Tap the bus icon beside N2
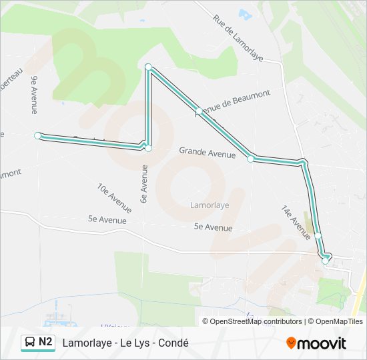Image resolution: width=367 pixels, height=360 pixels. (x=31, y=342)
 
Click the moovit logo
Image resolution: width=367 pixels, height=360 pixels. (x=316, y=343)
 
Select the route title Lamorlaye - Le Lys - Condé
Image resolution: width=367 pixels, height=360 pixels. (x=125, y=343)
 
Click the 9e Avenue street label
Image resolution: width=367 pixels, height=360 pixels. (x=34, y=95)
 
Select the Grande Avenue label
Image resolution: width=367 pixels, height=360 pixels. (x=207, y=153)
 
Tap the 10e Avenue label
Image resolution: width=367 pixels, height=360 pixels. (x=114, y=198)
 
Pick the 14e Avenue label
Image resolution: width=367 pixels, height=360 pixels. (x=296, y=222)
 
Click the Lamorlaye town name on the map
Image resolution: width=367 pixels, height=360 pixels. (x=209, y=205)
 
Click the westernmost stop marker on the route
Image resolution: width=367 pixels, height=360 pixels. (x=38, y=135)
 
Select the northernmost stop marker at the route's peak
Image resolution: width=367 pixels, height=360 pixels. (x=148, y=66)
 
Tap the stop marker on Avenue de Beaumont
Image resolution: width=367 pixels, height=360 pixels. (x=198, y=111)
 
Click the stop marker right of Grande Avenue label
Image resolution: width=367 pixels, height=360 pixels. (x=251, y=159)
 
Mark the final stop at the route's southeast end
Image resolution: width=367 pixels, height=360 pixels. (x=325, y=261)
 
